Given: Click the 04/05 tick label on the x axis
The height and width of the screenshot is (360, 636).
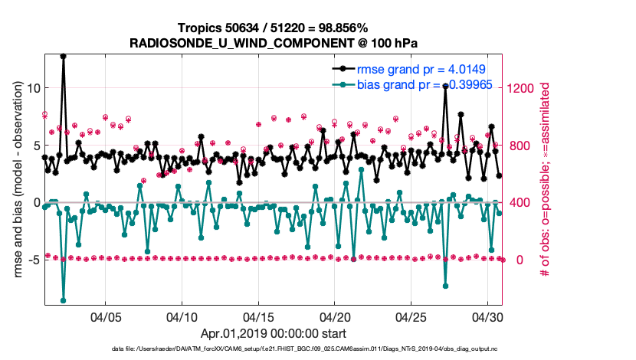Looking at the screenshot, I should pos(106,316).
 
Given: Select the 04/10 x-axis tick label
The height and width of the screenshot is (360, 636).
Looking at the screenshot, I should pos(182,316).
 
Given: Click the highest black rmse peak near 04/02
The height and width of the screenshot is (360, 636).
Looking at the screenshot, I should pos(63,56).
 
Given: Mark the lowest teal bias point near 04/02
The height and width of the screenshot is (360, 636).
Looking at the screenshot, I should pos(63,300).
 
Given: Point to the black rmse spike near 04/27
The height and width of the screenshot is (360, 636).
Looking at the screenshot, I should pos(445,86).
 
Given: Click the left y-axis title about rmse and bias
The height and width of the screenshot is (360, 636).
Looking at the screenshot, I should pos(16,179).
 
